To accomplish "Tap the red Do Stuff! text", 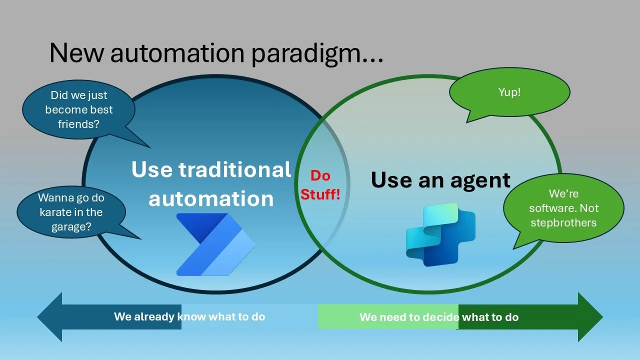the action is tap(320, 184).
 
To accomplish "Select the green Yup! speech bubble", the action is tap(509, 92).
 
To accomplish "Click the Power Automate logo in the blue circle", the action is tap(215, 244).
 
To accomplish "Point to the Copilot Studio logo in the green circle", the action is tap(440, 234).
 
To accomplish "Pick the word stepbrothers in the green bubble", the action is tap(563, 222).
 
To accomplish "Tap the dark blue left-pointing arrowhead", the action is tap(50, 317).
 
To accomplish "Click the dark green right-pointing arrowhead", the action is tap(590, 317).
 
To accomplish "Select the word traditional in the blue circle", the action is tap(235, 170).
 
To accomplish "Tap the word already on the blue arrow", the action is tap(154, 316).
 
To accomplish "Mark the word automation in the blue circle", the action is tap(211, 199).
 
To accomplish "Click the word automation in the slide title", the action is tap(180, 52).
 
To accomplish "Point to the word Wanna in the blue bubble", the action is tap(53, 198).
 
